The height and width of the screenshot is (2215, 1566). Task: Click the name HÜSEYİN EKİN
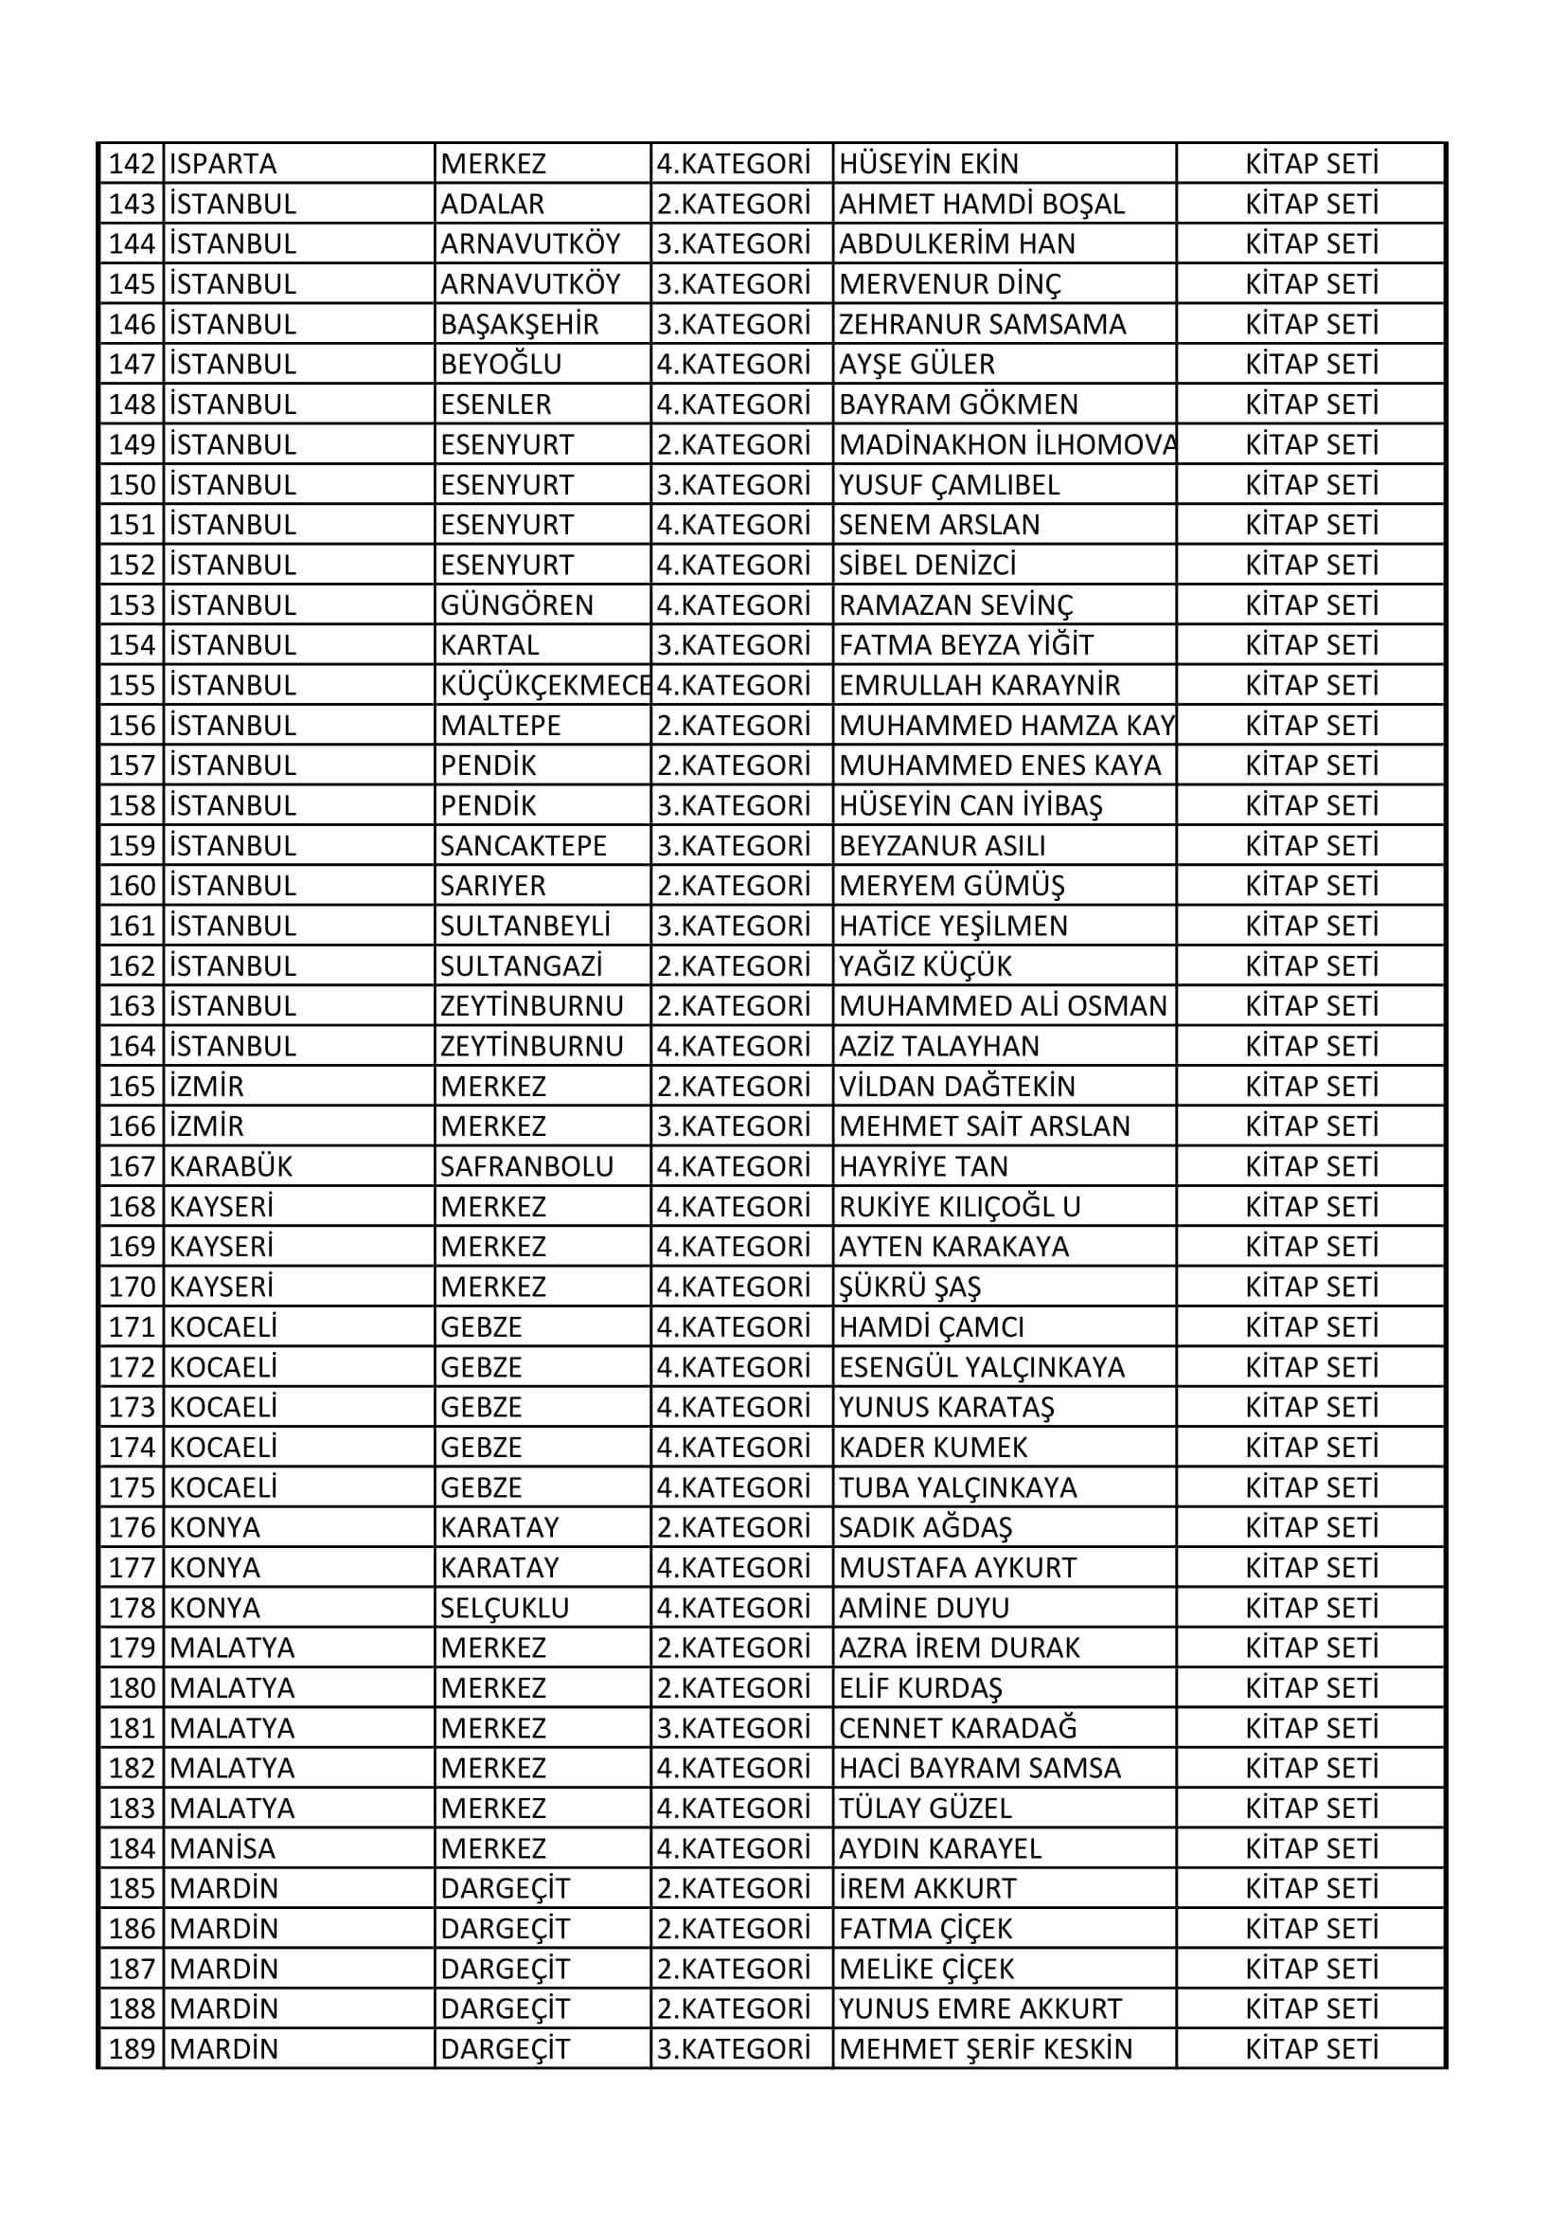929,164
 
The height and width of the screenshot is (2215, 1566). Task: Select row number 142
133,164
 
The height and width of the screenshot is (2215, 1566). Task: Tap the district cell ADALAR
492,205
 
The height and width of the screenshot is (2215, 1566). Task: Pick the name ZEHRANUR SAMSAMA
982,324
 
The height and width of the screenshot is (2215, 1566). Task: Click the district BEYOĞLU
502,365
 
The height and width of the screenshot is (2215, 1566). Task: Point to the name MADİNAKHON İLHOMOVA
1006,444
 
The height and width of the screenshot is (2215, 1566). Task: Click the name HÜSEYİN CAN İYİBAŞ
970,805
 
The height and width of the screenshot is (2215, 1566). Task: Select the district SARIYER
493,886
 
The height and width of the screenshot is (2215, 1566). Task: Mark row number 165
133,1087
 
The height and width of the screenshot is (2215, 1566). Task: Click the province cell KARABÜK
230,1166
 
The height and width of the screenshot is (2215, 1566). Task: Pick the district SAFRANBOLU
526,1166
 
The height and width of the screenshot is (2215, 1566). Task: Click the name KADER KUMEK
933,1447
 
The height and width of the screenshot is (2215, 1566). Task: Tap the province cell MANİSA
222,1848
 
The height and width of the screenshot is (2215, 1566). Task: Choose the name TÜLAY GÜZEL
925,1808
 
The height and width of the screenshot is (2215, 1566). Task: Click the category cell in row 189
733,2049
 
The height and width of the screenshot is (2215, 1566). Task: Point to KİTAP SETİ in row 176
1311,1527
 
